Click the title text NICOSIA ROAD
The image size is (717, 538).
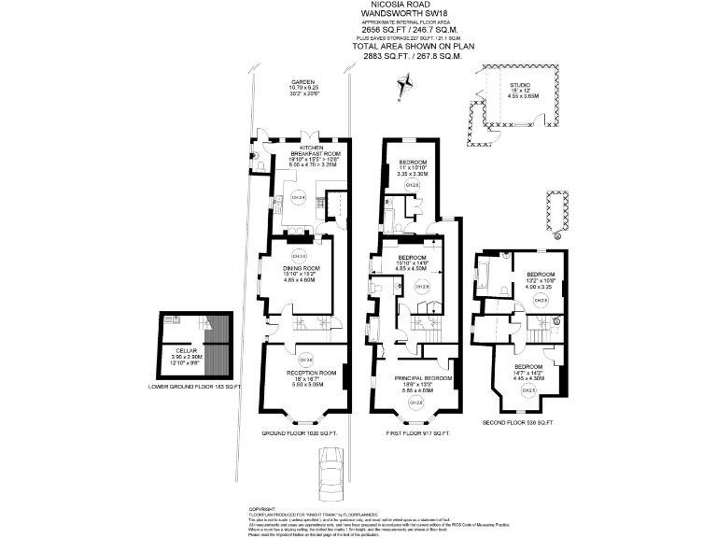tap(398, 5)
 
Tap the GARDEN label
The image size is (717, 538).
tap(301, 80)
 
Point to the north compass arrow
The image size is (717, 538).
tap(404, 86)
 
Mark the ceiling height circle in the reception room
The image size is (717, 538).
tap(305, 360)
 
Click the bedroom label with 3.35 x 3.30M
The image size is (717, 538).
tap(412, 164)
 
